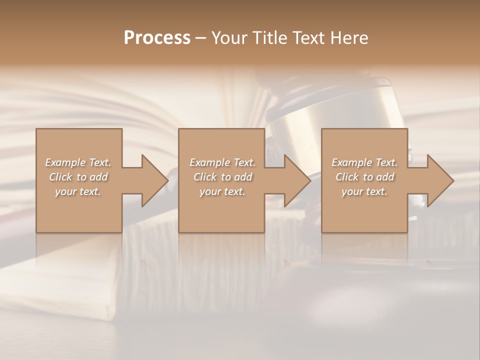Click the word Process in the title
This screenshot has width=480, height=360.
157,38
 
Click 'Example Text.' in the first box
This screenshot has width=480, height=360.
78,162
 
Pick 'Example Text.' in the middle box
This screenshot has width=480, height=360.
222,162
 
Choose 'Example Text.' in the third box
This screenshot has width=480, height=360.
364,162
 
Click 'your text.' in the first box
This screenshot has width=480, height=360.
78,191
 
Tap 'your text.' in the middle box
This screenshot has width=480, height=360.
222,191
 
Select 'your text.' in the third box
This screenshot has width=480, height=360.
364,191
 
